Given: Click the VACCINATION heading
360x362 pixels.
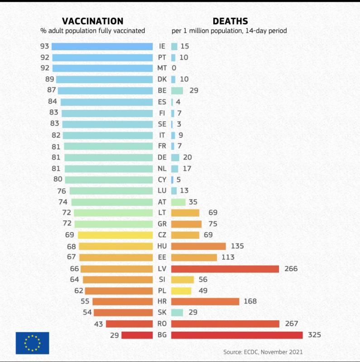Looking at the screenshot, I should pos(92,21).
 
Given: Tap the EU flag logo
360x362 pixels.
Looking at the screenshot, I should pos(32,343).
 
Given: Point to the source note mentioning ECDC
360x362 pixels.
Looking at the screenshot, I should pos(263,352).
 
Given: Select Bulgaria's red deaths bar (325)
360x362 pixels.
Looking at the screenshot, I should pos(236,335).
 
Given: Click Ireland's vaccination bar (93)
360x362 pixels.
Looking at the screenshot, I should pos(102,46).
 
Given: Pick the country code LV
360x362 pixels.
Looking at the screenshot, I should pos(162,269).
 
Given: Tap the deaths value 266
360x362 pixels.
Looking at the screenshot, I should pos(291,269).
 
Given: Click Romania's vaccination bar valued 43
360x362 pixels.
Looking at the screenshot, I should pos(129,324).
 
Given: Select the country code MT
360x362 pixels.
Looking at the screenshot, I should pos(162,68).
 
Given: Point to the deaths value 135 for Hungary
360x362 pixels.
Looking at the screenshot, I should pos(237,246).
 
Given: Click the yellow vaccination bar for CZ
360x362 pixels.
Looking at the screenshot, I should pos(115,235).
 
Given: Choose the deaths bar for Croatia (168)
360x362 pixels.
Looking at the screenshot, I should pos(205,301).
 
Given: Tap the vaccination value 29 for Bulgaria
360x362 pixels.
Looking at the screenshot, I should pos(115,335).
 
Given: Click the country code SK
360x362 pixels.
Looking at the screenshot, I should pos(162,313).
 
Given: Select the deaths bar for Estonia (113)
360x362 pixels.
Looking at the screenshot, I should pos(194,257).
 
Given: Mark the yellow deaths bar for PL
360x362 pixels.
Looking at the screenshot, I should pos(181,291).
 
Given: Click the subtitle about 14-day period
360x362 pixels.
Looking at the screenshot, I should pos(229,31).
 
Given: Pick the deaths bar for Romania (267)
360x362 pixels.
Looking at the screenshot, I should pos(225,324).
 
